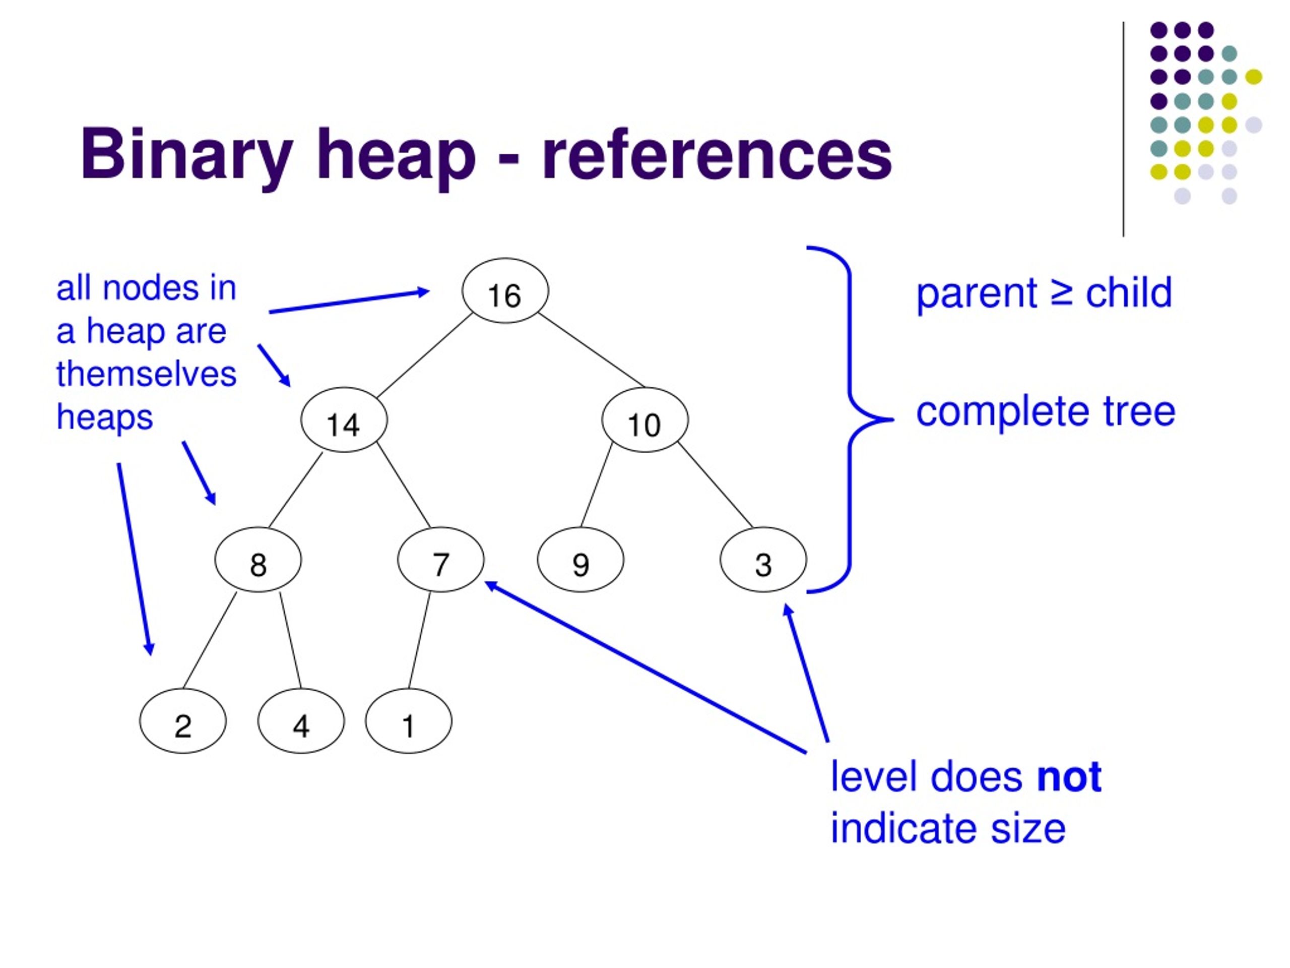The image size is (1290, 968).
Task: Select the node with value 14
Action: pyautogui.click(x=344, y=419)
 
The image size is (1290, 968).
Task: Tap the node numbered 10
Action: pyautogui.click(x=645, y=419)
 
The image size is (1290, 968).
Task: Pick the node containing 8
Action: pyautogui.click(x=259, y=560)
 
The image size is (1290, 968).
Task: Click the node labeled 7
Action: pyautogui.click(x=441, y=560)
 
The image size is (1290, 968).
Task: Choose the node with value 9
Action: pyautogui.click(x=581, y=560)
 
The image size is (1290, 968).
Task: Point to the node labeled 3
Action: pyautogui.click(x=763, y=560)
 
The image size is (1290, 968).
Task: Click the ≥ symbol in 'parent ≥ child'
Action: pyautogui.click(x=1061, y=293)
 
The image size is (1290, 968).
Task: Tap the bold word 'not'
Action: pyautogui.click(x=1069, y=777)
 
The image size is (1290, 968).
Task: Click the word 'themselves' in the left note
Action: pyautogui.click(x=146, y=374)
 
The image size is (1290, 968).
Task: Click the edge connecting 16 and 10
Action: pyautogui.click(x=592, y=350)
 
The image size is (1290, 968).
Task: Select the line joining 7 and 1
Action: pyautogui.click(x=420, y=640)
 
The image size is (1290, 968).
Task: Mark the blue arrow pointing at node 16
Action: pyautogui.click(x=349, y=301)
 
